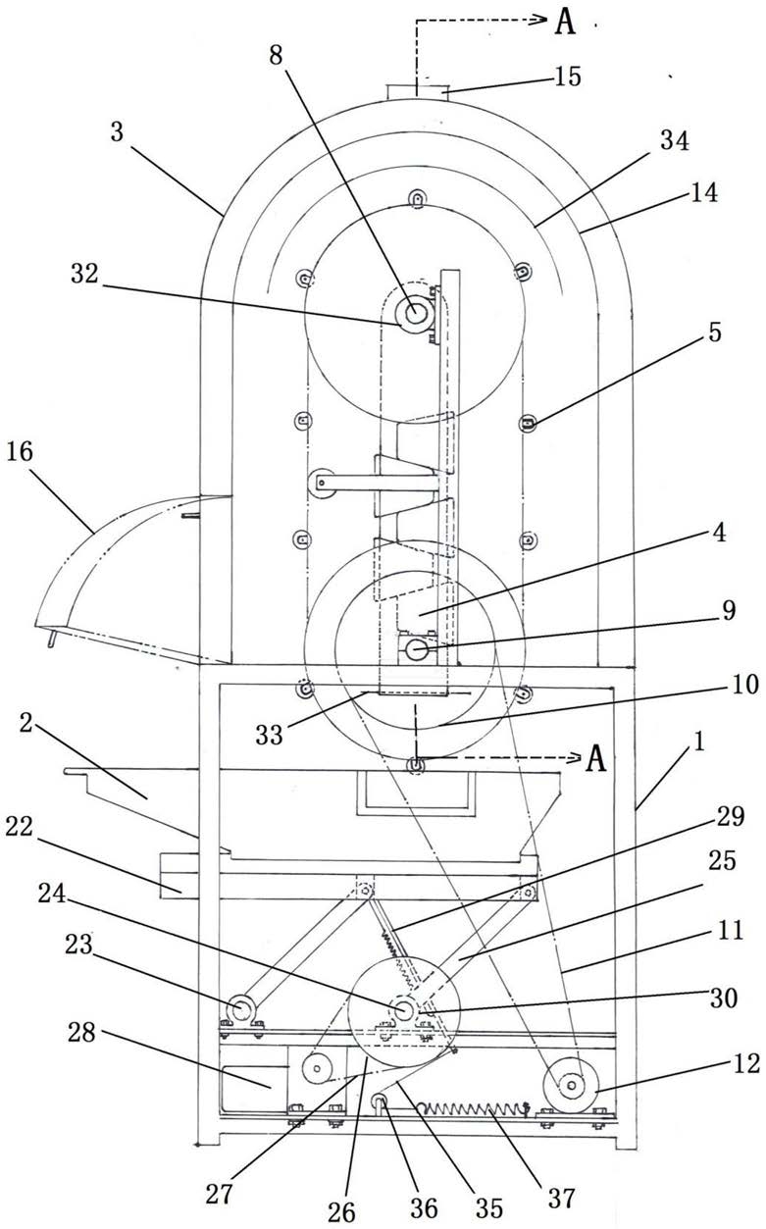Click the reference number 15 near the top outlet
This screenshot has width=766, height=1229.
(567, 77)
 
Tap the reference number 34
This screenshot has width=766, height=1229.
(675, 140)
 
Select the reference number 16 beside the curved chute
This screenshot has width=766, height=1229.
(20, 451)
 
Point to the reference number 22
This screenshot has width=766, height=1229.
(20, 827)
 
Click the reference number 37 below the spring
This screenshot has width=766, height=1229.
(562, 1199)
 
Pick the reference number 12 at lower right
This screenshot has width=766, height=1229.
(746, 1063)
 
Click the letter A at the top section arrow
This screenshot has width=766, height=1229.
(565, 23)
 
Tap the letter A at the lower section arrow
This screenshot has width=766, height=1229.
(595, 759)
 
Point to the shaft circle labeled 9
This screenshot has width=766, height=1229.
(416, 650)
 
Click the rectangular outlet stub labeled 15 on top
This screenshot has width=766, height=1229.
(418, 91)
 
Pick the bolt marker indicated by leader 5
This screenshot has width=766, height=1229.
(528, 423)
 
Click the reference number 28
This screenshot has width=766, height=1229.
(82, 1032)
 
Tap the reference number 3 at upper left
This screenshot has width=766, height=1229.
(117, 132)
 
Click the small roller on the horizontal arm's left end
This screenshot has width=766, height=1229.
(321, 483)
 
